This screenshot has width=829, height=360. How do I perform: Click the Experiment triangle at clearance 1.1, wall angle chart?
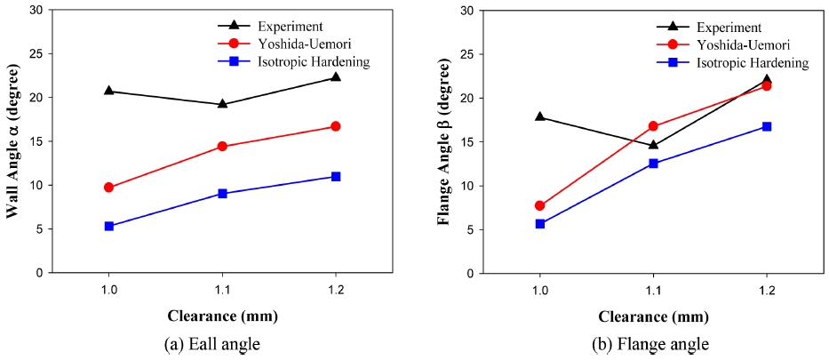coord(222,103)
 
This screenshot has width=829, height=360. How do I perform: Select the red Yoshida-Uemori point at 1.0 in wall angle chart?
coord(108,188)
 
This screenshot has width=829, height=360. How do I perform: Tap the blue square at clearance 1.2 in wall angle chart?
coord(335,176)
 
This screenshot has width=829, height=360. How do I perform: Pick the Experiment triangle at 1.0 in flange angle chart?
coord(540,116)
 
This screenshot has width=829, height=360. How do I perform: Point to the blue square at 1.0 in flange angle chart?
coord(540,224)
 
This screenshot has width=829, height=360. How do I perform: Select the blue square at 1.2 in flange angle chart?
coord(766,126)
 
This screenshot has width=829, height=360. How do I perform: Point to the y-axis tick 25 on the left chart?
coord(35,53)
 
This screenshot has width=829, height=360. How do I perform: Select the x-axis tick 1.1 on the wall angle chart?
coord(222,290)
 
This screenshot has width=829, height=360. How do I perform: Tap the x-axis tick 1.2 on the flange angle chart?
coord(766,290)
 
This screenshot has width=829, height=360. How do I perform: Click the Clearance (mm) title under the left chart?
coord(221,316)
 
